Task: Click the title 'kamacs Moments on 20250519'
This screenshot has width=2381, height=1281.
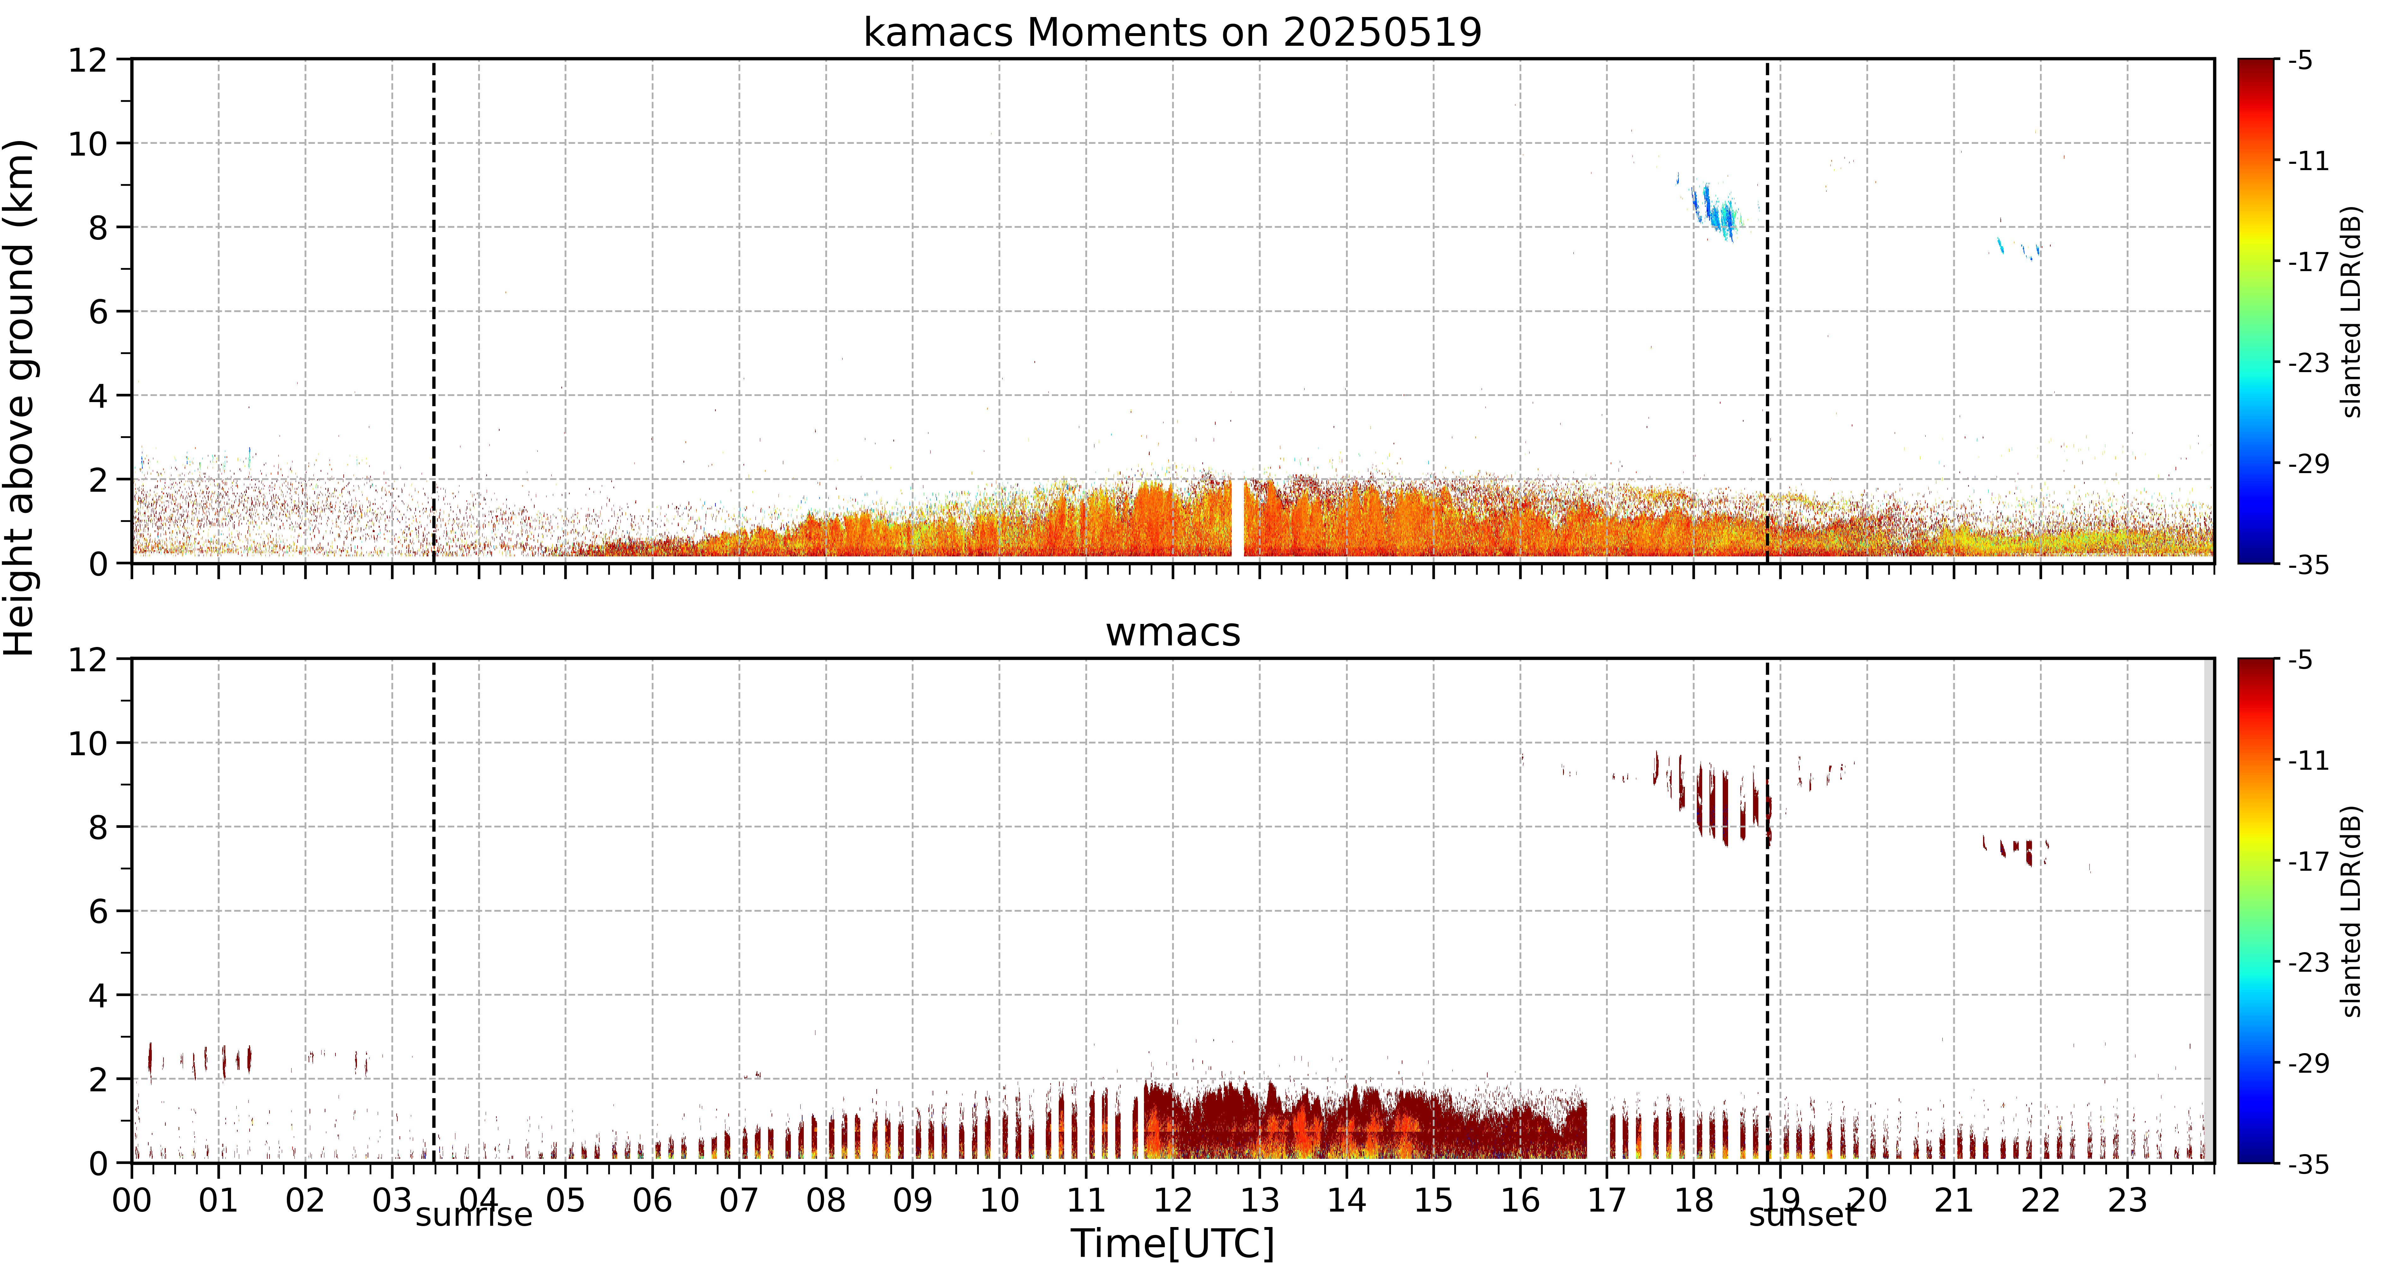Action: (x=1172, y=32)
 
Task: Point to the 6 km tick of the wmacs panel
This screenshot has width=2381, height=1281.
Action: (x=98, y=911)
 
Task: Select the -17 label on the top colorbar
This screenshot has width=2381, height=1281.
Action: (x=2308, y=262)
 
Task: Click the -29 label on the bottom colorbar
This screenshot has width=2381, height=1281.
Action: (x=2308, y=1063)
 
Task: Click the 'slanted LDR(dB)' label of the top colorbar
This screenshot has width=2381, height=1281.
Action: (x=2352, y=311)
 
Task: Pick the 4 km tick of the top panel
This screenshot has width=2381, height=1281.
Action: (x=98, y=395)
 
